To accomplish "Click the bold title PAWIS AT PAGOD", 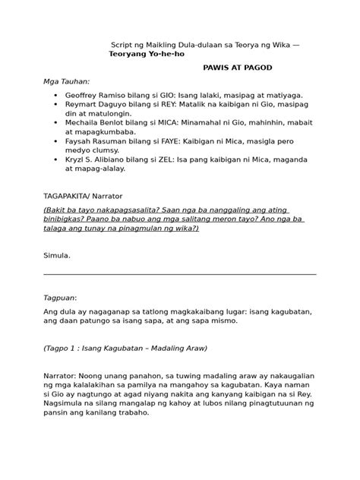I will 238,68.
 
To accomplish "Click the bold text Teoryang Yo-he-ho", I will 147,55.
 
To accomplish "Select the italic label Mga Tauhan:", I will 66,80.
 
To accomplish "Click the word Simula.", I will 57,255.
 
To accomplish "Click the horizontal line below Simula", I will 180,274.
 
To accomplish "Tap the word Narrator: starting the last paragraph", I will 64,375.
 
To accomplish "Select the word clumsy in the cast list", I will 101,150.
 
